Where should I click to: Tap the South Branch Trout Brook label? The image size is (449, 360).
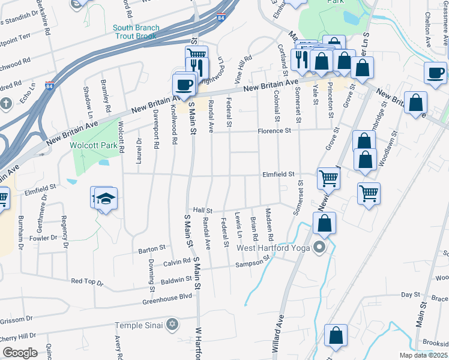136,32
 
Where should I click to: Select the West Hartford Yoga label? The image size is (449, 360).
274,248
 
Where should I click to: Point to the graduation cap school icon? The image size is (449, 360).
105,199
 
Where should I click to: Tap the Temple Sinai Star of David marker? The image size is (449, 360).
173,325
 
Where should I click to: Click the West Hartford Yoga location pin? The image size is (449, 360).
319,247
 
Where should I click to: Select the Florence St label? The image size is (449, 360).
274,130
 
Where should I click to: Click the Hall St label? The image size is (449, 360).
203,211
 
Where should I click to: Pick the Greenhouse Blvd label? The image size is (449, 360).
168,296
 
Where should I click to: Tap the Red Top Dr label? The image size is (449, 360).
87,281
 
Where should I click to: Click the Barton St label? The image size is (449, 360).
152,248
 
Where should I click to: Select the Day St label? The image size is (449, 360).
410,295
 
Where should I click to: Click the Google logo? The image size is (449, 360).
19,353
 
